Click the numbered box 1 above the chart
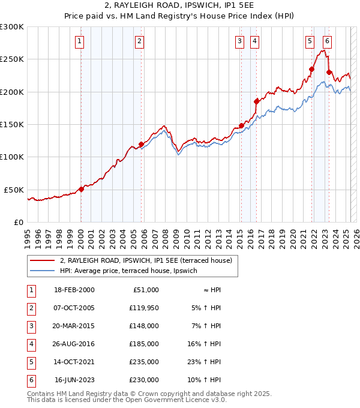80,41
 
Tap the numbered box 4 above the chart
255,41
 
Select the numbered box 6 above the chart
327,41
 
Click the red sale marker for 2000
81,188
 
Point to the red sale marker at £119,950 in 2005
141,144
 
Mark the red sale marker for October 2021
312,69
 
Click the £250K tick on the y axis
12,59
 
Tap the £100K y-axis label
12,157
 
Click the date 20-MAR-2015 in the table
74,327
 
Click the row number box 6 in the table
29,380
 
